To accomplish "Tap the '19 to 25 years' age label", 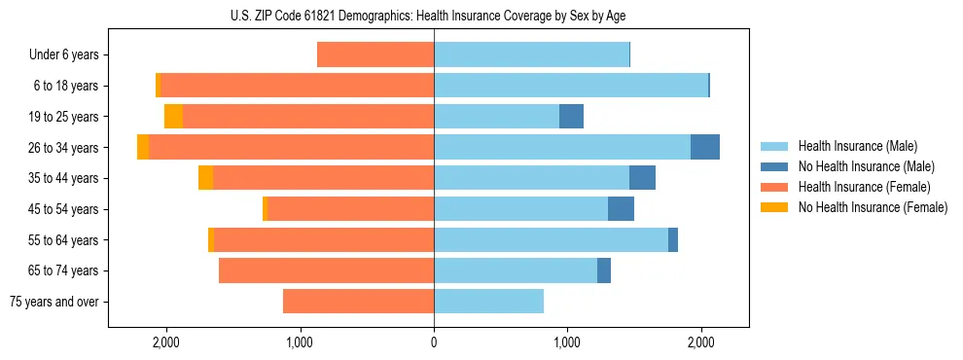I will (64, 117).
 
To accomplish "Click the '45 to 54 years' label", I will (64, 209).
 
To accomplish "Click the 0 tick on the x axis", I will (434, 342).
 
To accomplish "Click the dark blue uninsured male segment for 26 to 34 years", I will (705, 147).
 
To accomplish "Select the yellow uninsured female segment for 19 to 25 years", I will (173, 117).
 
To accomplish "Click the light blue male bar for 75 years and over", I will (488, 302).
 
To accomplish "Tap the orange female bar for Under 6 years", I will (375, 55).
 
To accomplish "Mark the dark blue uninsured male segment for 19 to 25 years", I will (571, 117).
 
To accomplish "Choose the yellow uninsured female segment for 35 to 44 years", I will (205, 178).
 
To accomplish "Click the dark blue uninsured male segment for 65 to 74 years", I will (604, 270).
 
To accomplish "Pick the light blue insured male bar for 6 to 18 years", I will (571, 86).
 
